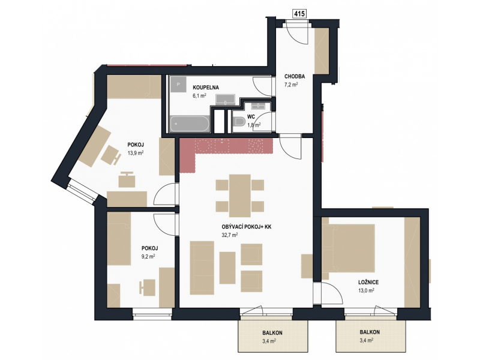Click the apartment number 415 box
tap(300, 14)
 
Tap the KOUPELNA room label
tap(206, 88)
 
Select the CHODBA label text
tap(295, 77)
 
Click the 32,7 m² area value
tap(230, 235)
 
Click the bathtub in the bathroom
tap(190, 124)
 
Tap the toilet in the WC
tap(238, 123)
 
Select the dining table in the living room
tap(240, 196)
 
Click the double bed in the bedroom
tap(349, 248)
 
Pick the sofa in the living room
tap(202, 268)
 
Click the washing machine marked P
tap(178, 84)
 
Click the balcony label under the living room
tap(272, 333)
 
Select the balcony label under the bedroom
tap(370, 332)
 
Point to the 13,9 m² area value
tap(136, 153)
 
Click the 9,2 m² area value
tap(148, 257)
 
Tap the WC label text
tap(251, 117)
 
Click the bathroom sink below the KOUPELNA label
tap(226, 100)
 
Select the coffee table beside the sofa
tap(227, 268)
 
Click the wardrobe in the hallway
tap(322, 50)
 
